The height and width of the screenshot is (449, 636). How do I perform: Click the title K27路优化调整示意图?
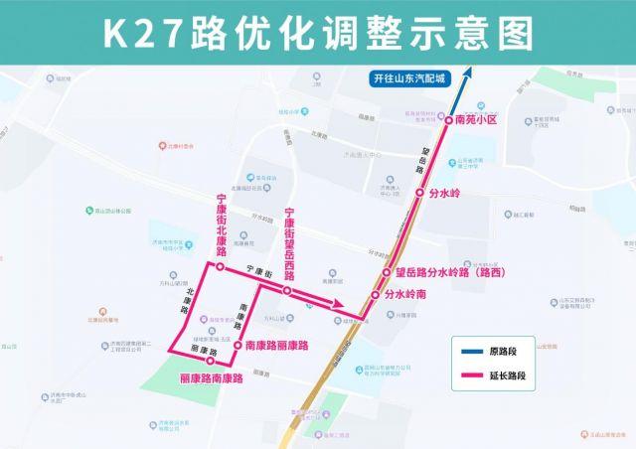pyautogui.click(x=318, y=31)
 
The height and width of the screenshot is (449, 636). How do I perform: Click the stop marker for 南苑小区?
pyautogui.click(x=448, y=119)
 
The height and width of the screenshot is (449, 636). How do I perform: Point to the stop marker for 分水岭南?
pyautogui.click(x=377, y=295)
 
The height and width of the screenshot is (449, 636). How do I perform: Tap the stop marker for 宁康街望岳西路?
pyautogui.click(x=287, y=291)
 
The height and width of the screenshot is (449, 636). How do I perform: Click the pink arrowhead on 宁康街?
pyautogui.click(x=339, y=306)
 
